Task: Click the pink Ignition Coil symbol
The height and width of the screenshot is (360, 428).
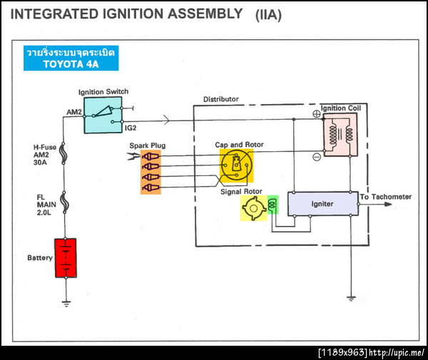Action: pos(340,135)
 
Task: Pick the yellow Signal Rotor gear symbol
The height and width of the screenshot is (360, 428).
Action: pos(253,207)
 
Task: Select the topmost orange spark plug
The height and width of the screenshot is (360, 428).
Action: pos(151,156)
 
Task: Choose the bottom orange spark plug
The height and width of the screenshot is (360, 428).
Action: pos(151,187)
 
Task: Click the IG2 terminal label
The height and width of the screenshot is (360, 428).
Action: pos(131,128)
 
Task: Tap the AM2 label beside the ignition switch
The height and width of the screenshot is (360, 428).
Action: pos(74,112)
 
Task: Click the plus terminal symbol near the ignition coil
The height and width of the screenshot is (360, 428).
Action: pos(315,113)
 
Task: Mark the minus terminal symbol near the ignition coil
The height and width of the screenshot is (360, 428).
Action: pos(315,157)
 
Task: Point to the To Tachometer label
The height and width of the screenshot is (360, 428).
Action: pos(386,197)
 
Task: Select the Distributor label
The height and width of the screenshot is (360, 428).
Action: pos(220,99)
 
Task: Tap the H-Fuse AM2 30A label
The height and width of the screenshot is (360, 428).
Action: pos(46,153)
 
